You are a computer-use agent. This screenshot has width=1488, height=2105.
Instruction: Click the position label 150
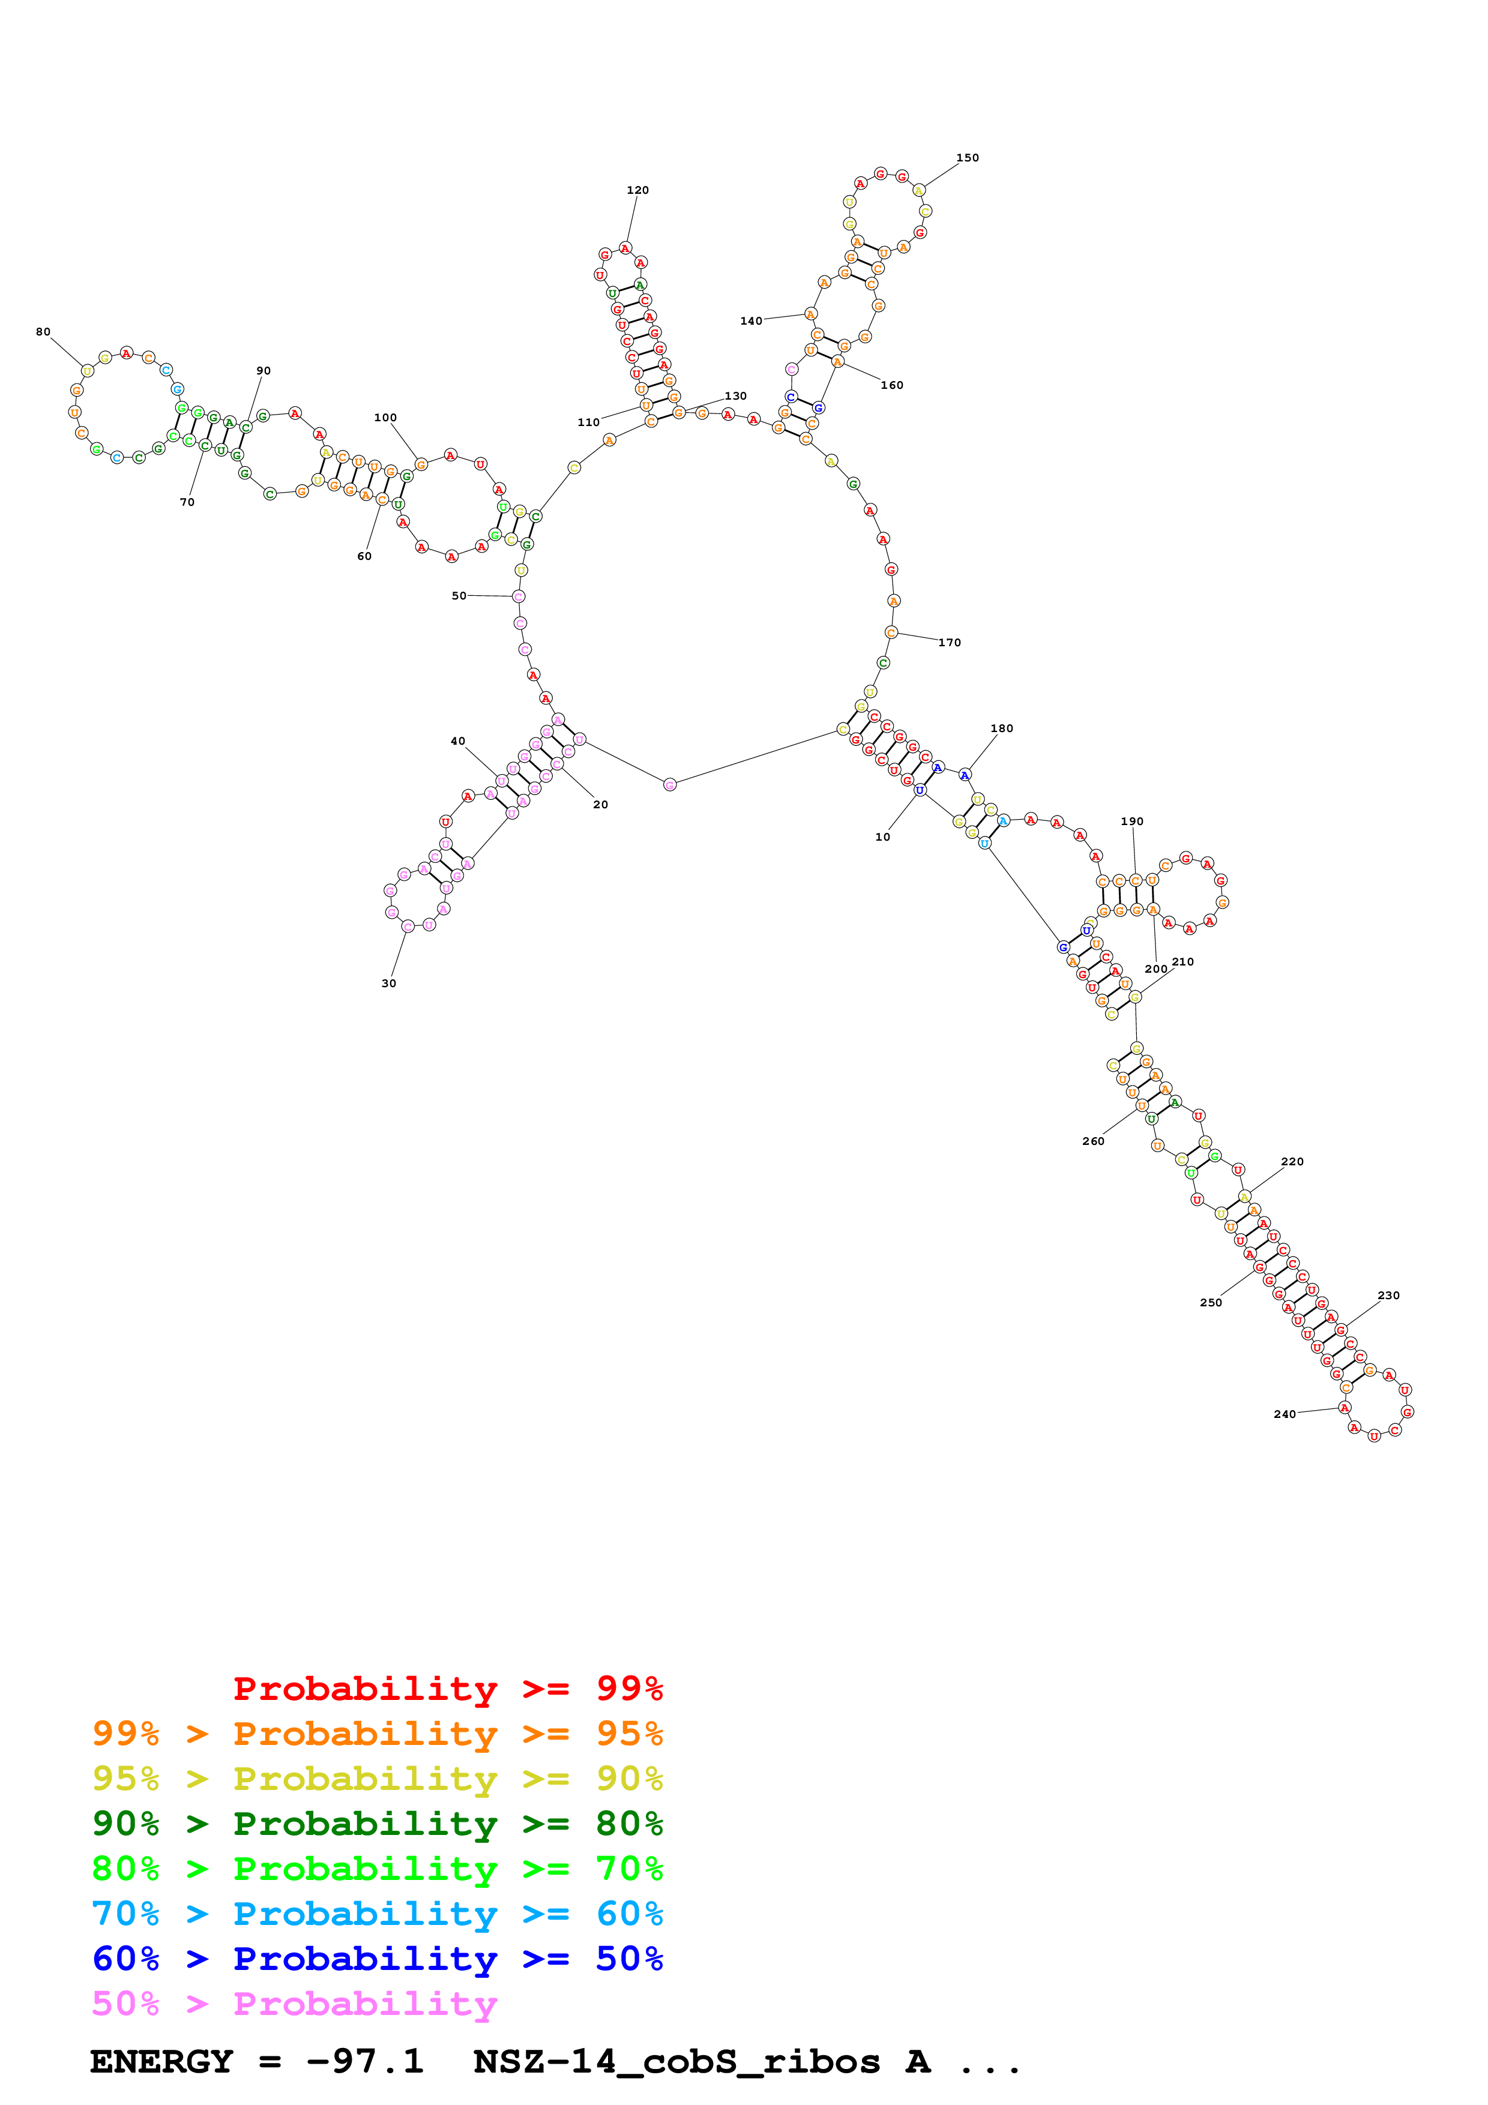(967, 158)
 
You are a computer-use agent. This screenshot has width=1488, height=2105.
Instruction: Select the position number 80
(43, 332)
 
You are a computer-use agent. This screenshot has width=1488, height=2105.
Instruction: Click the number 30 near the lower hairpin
(389, 983)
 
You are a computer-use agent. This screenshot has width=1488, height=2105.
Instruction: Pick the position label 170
(950, 642)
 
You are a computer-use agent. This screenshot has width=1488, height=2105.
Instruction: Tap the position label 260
(1093, 1141)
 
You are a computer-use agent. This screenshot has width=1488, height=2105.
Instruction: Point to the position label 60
(364, 556)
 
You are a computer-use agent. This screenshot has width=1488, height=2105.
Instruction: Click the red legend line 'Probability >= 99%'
(447, 1688)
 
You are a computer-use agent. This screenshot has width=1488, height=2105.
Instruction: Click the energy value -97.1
(365, 2061)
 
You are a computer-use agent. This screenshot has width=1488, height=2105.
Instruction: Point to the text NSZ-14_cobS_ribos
(676, 2061)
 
